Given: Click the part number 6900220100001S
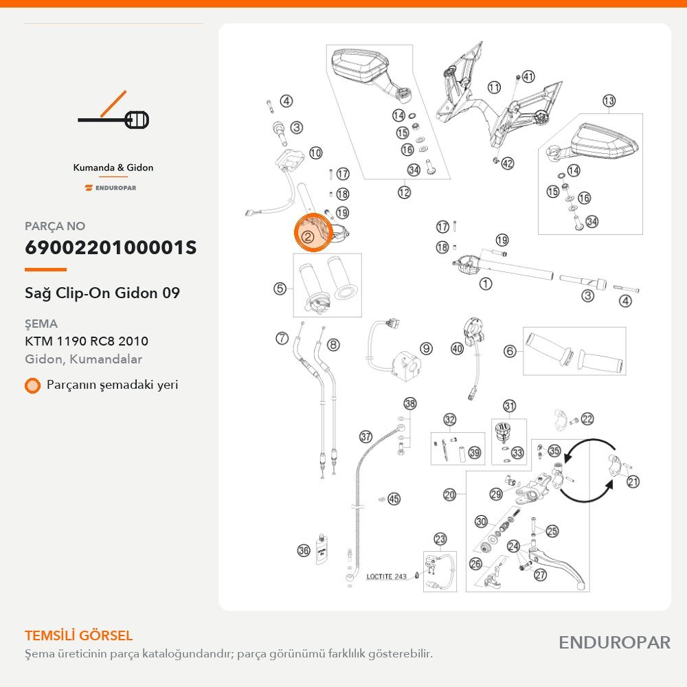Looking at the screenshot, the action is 111,247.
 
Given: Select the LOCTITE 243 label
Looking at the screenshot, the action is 386,576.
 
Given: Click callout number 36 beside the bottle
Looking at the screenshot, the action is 304,550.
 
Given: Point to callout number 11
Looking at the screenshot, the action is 494,87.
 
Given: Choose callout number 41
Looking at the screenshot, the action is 528,77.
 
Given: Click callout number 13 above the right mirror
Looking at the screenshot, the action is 609,101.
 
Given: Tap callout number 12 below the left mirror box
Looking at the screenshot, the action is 404,192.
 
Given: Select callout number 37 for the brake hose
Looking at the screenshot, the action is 366,436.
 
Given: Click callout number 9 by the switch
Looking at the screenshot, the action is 426,348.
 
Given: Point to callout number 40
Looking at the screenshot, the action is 457,348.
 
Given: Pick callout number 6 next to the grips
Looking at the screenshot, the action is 510,350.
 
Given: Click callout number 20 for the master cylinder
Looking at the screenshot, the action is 449,495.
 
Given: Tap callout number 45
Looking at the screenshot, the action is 394,499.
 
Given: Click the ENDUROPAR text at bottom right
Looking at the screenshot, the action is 614,642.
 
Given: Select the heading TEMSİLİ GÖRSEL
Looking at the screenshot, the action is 78,635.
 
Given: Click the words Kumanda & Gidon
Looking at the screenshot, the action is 113,168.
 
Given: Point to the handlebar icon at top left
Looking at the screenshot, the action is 113,111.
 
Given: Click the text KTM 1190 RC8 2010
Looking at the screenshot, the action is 87,341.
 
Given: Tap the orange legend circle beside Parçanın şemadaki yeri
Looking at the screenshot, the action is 32,385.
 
